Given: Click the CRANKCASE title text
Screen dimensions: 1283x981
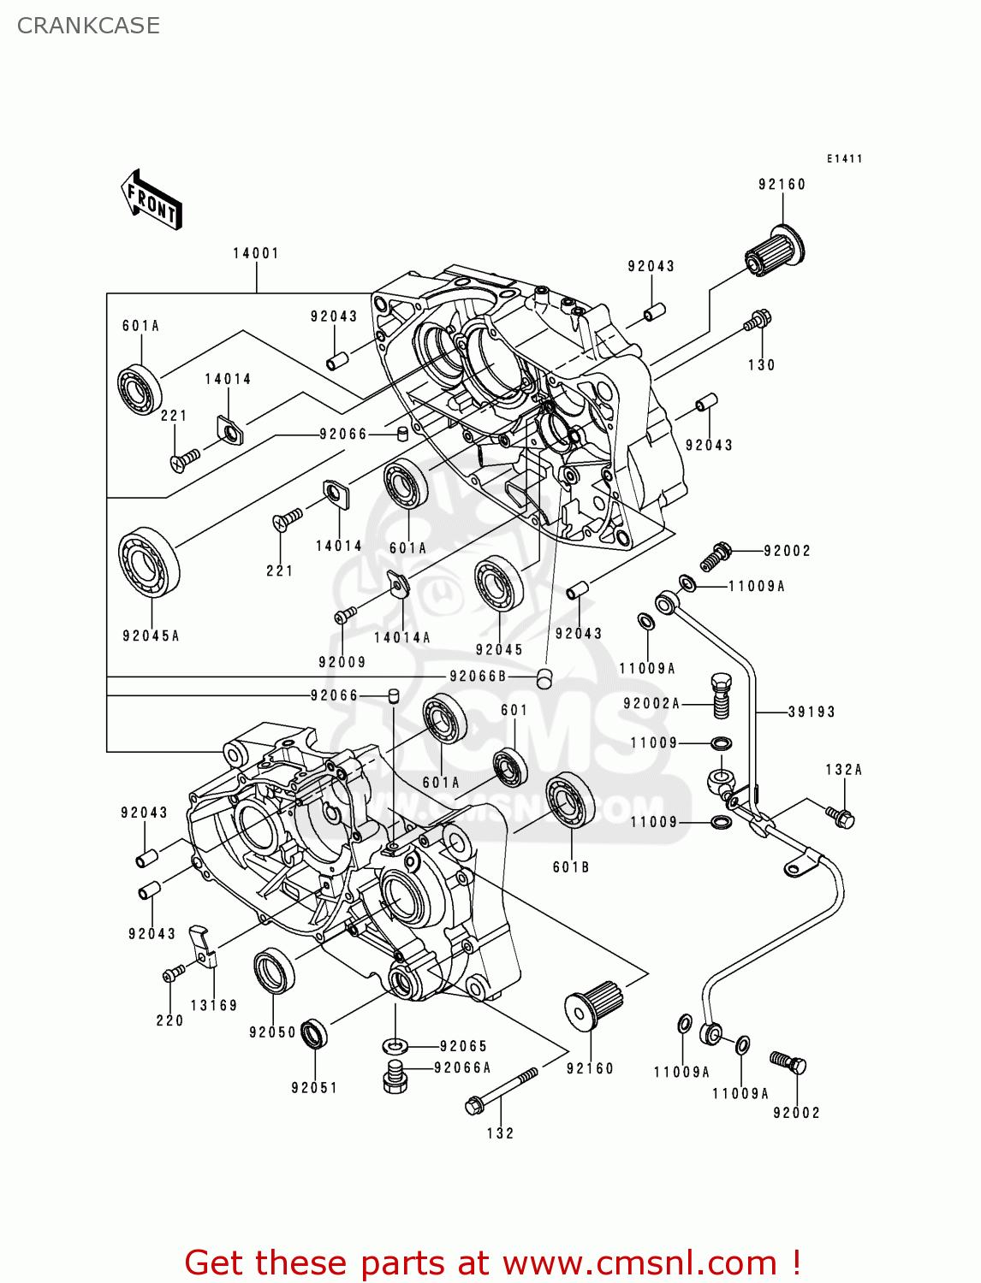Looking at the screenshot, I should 88,26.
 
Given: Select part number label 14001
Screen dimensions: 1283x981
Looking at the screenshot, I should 256,253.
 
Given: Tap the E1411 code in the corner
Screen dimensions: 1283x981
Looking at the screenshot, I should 844,159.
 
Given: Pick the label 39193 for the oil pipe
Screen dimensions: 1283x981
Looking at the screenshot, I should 811,712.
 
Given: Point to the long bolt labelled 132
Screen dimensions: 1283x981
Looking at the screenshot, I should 501,1091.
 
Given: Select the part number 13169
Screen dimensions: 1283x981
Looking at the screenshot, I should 213,1006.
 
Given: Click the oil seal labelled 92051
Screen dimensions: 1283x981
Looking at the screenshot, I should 315,1035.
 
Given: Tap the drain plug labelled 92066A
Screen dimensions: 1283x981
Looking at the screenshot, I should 395,1077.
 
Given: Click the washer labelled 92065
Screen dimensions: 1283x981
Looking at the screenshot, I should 395,1045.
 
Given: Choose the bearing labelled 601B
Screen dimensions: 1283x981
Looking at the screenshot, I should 569,801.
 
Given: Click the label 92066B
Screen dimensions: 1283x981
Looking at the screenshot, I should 479,677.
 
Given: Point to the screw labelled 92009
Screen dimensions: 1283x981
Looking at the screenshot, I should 345,615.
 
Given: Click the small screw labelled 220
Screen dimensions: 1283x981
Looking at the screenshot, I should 173,974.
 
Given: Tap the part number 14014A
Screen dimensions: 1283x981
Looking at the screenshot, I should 401,637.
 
